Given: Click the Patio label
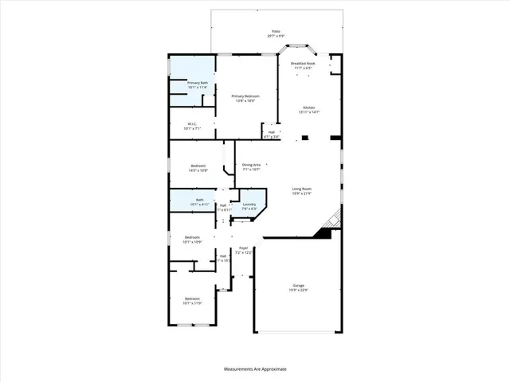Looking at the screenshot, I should coord(276,31).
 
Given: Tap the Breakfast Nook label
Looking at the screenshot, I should coord(304,63).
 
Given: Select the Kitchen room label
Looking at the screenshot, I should coord(309,107).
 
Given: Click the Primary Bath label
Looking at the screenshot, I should coord(198,83).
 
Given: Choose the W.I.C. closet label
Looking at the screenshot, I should coord(193,123).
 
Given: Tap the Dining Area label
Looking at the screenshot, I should coord(252,164).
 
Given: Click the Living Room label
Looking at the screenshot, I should coord(300,189).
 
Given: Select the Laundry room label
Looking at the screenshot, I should coord(249,204).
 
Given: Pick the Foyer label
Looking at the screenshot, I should coord(244,248).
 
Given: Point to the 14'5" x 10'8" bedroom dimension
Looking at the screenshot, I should coord(198,170).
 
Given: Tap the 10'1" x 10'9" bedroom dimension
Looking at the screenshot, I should coord(194,241).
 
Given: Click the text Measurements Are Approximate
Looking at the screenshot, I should coord(254,369).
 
